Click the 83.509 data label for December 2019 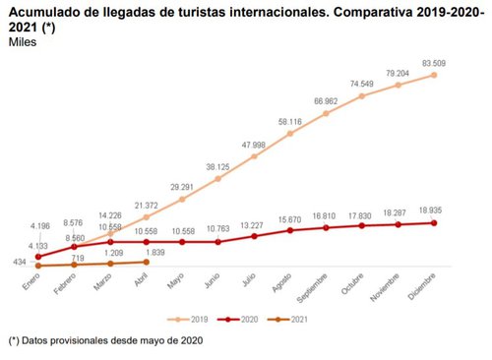click(435, 63)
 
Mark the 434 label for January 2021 click(18, 261)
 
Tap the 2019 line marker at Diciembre click(435, 75)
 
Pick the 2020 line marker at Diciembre click(435, 222)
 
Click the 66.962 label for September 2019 click(327, 101)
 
